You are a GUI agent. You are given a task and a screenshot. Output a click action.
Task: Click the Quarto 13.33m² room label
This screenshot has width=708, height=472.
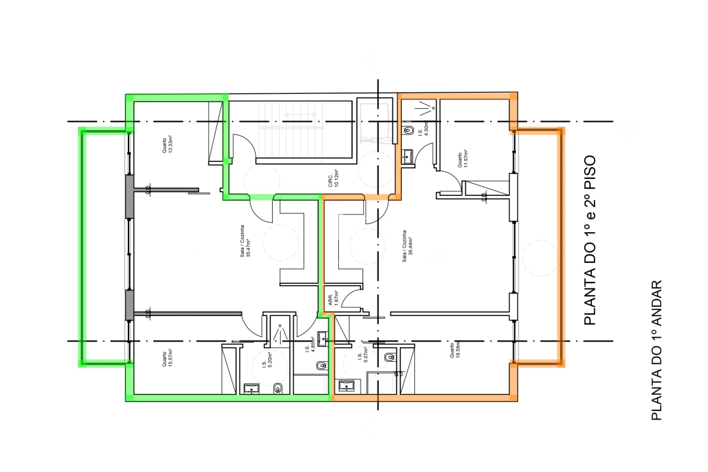[167, 146]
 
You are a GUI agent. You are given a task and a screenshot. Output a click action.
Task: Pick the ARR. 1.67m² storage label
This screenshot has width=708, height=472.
[334, 300]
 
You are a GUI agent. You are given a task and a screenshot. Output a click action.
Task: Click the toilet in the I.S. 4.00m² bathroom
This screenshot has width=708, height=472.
[409, 130]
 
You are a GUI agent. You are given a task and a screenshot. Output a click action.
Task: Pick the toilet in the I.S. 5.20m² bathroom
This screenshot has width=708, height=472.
[278, 389]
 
